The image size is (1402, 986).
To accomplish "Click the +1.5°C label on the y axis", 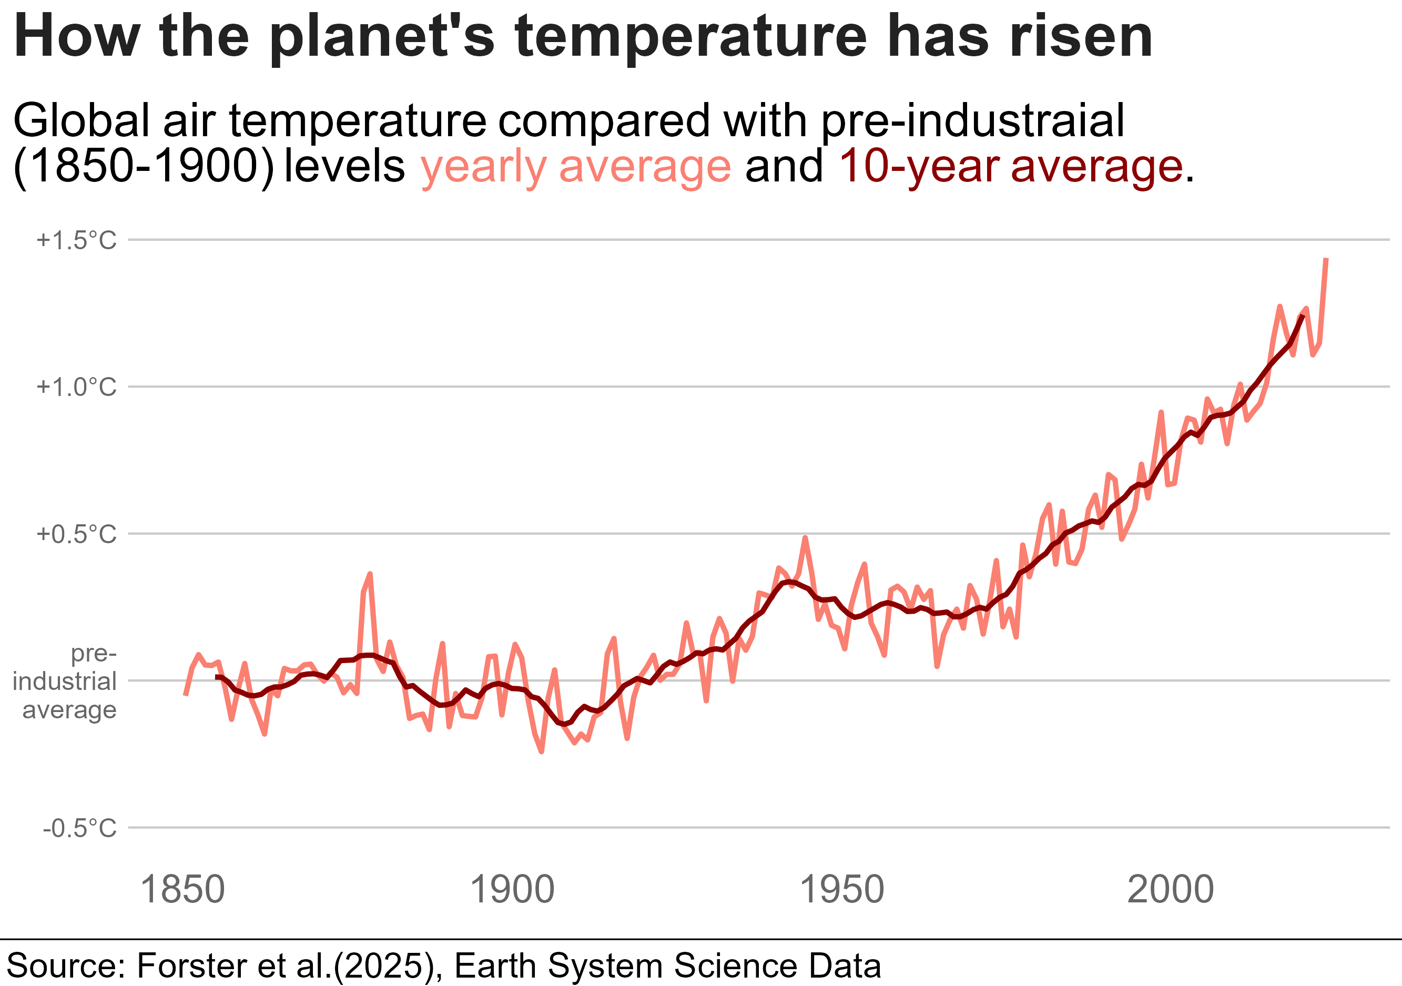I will tap(76, 240).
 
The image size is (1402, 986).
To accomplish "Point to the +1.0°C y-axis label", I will tap(76, 387).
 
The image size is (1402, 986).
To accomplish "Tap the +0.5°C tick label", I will tap(76, 534).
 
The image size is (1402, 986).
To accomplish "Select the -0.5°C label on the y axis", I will tap(79, 828).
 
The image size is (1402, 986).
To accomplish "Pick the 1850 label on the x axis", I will tap(182, 890).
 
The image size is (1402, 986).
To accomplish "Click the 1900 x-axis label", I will tap(512, 890).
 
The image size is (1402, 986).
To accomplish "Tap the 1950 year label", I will tap(841, 890).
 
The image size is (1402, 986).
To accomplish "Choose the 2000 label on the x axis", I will tap(1171, 890).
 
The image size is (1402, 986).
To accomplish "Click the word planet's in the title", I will tap(382, 38).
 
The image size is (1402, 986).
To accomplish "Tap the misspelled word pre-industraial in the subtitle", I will tap(972, 121).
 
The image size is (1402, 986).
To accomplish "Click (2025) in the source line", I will tap(388, 966).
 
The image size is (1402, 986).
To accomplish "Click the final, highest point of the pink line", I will tap(1326, 259).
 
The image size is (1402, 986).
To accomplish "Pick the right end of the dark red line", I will tap(1303, 316).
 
